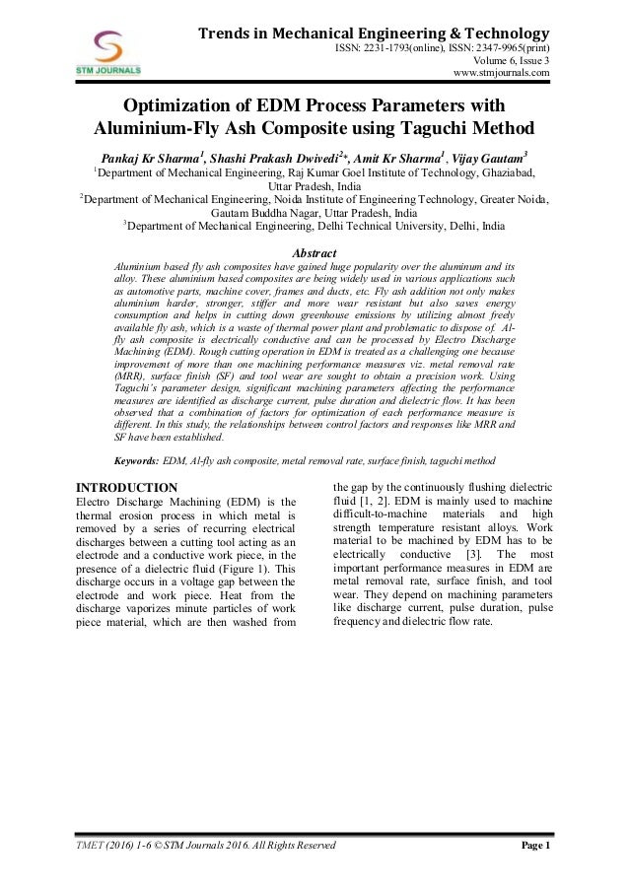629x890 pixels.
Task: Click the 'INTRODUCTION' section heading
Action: tap(127, 488)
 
